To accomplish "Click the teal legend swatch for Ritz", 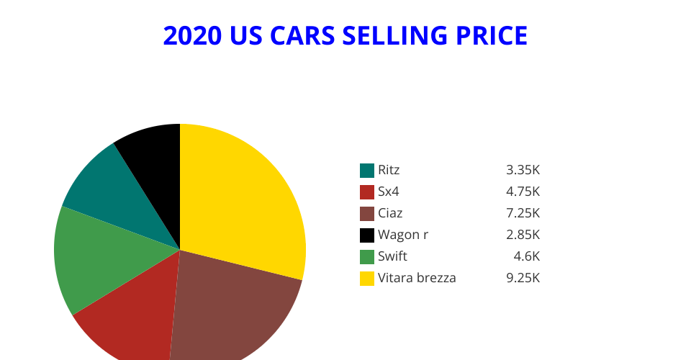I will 367,171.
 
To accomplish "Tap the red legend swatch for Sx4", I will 367,192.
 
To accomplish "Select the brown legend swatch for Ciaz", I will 367,214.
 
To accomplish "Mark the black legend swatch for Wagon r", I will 367,235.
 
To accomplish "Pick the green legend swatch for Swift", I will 367,257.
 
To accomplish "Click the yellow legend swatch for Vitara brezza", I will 367,279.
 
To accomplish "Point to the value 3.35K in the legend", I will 523,171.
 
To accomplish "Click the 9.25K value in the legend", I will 523,278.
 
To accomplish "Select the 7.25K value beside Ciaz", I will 523,213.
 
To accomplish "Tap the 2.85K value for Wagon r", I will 523,235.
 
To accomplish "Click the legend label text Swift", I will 392,257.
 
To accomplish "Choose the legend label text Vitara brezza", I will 417,278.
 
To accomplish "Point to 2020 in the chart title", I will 192,35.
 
